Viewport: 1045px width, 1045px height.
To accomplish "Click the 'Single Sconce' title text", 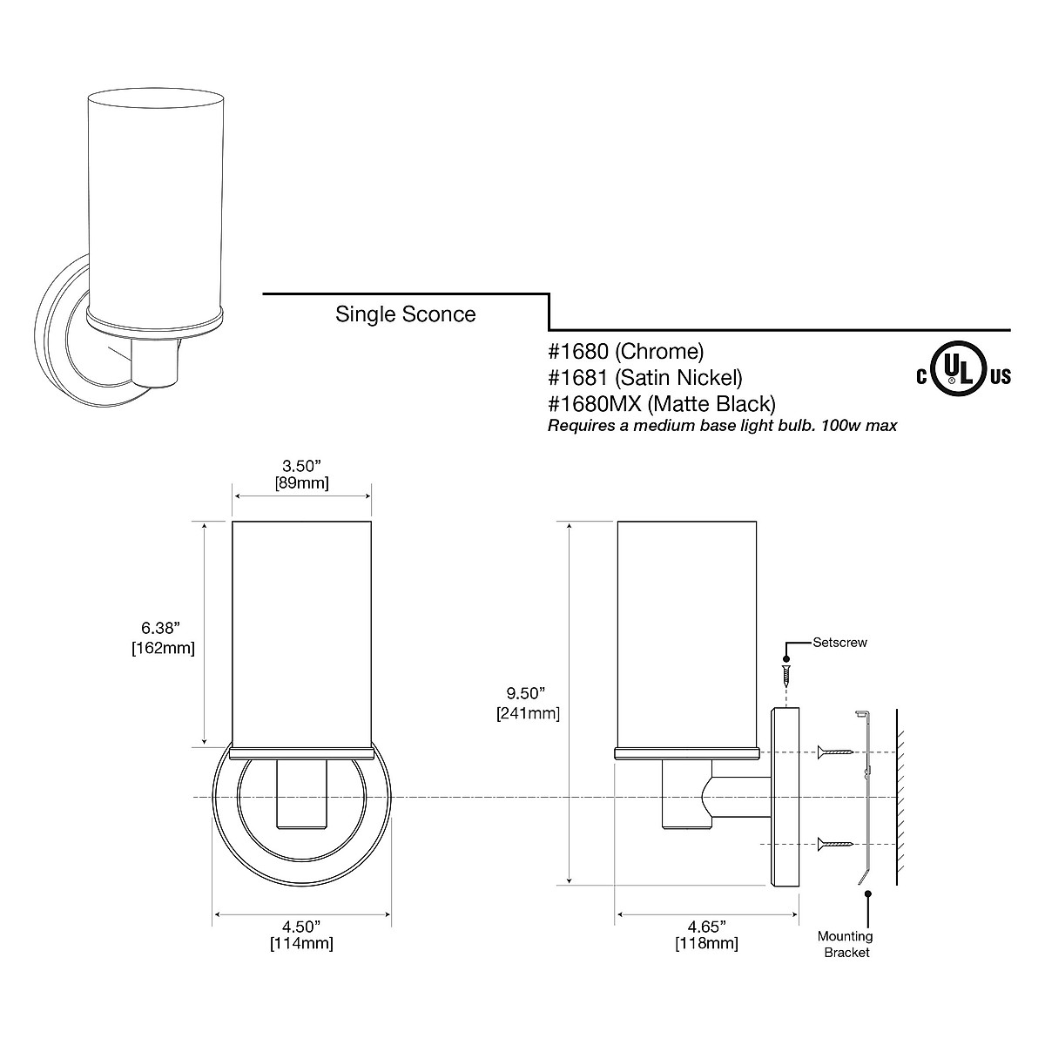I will [x=405, y=314].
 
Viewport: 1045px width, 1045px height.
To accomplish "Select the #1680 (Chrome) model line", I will [x=625, y=352].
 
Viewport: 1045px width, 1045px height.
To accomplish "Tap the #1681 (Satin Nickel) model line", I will [x=644, y=378].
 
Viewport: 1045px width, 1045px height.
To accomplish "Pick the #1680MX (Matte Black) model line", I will [x=661, y=404].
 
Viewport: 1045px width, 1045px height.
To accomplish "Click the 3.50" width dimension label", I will [x=301, y=475].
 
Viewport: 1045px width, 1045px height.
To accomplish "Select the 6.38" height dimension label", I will [x=162, y=637].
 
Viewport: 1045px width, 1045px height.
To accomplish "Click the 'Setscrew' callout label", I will [x=839, y=643].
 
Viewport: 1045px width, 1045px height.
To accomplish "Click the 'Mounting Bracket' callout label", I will [x=844, y=944].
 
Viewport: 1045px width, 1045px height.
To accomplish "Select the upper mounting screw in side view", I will [x=835, y=752].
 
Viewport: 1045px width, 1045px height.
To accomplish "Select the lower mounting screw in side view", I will [x=835, y=844].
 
